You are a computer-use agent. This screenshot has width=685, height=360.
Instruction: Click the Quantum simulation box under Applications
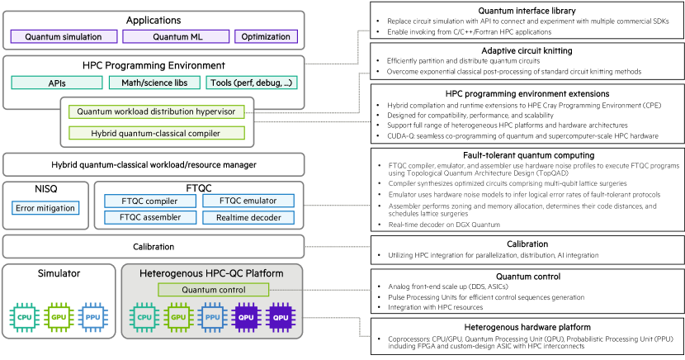63,37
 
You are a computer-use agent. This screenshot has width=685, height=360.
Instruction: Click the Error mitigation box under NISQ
45,208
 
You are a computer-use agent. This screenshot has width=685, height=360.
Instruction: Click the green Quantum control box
214,289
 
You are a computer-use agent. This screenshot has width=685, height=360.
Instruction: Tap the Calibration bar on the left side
154,246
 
